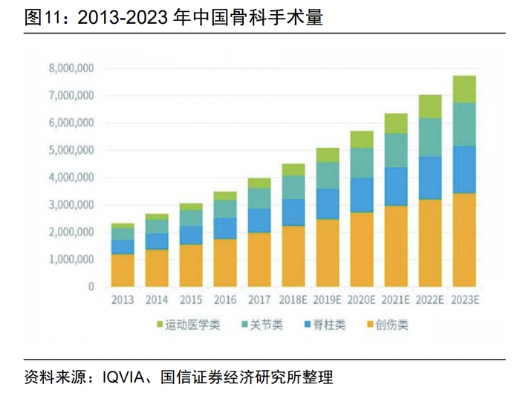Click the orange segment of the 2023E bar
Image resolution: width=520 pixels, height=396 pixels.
pos(464,239)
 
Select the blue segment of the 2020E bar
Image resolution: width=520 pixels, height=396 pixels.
pos(362,195)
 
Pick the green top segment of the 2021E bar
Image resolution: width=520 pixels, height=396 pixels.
pos(396,123)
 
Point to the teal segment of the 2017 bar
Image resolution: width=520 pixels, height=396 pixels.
pos(259,198)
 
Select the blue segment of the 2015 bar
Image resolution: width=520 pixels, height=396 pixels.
pos(191,235)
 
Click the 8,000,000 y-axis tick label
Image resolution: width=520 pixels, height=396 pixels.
pos(71,68)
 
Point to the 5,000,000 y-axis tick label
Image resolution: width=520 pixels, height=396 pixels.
pos(71,150)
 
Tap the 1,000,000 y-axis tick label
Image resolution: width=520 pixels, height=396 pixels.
pos(71,259)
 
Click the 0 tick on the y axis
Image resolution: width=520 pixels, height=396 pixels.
pos(91,287)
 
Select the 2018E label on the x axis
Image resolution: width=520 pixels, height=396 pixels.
pos(293,300)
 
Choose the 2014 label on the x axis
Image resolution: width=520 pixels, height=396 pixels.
pos(157,300)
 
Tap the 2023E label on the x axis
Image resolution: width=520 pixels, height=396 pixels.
pos(464,300)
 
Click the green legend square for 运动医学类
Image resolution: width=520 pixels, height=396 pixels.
pos(159,325)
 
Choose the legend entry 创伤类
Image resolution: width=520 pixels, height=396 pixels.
pos(392,325)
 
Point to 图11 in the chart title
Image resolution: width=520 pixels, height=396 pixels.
pos(41,19)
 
